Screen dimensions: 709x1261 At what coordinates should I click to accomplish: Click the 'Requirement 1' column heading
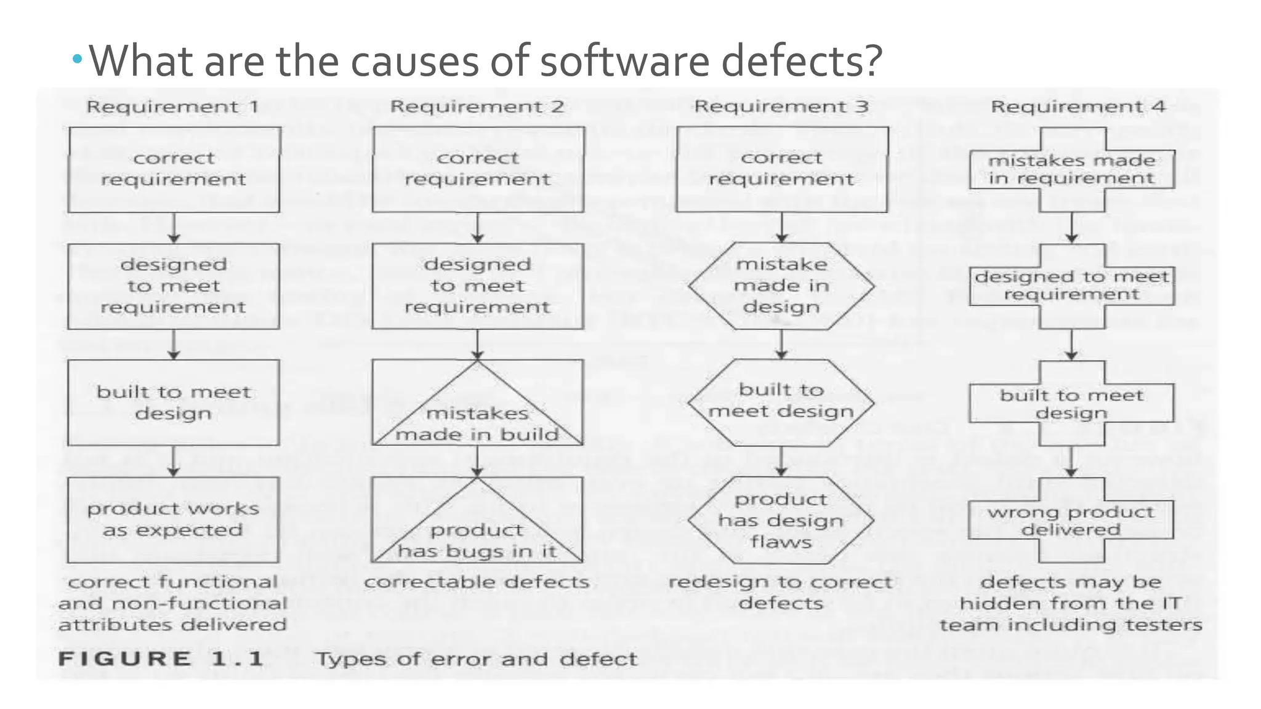click(172, 107)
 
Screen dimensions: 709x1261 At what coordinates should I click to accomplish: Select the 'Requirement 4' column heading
click(1078, 107)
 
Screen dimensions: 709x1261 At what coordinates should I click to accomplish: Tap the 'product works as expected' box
click(174, 519)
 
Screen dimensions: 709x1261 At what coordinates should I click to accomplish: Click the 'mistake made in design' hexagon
click(781, 286)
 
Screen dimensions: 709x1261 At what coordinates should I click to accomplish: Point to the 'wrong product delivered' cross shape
click(1071, 520)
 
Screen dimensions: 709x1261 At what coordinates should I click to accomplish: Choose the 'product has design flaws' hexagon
click(781, 521)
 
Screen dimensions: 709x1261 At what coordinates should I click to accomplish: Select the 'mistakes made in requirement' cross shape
click(1071, 169)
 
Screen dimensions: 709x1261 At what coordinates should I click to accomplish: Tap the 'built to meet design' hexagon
click(781, 401)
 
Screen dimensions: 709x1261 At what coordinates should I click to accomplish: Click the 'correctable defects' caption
click(477, 582)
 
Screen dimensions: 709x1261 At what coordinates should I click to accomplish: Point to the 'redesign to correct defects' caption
click(781, 592)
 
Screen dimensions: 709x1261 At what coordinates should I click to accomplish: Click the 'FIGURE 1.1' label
click(161, 659)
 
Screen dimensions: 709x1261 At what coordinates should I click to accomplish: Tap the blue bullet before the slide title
click(77, 59)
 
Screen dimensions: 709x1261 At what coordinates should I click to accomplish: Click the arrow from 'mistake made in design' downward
click(781, 345)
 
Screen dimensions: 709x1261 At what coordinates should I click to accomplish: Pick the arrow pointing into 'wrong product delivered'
click(1071, 462)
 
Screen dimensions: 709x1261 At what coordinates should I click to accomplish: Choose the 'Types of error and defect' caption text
click(477, 659)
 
